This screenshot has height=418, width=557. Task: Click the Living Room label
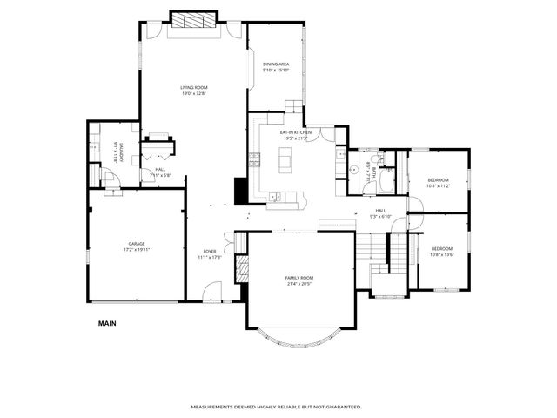193,87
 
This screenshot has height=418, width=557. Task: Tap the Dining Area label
276,64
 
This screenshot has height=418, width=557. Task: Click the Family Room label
299,278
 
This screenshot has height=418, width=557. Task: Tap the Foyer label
210,252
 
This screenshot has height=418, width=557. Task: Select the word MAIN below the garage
107,323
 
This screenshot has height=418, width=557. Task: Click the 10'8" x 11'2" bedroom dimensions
438,185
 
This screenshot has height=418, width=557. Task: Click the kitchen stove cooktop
254,159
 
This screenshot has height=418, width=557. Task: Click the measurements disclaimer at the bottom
276,407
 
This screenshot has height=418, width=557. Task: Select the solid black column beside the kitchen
240,190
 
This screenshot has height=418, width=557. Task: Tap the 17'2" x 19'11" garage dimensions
137,249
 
